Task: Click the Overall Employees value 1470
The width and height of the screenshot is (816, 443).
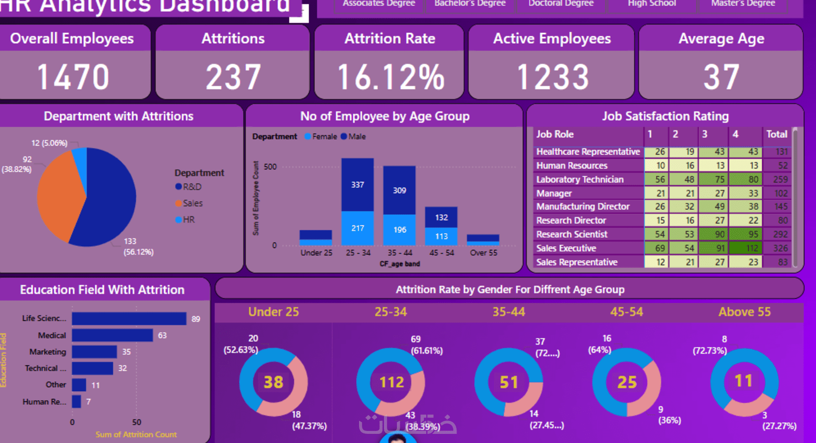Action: click(73, 77)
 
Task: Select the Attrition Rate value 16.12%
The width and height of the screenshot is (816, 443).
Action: click(391, 77)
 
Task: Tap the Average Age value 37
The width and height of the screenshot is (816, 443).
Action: click(721, 77)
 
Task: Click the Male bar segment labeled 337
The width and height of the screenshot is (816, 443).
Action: click(358, 185)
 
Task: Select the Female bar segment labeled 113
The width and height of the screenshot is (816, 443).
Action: click(441, 236)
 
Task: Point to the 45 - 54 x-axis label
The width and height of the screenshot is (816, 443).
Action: click(441, 253)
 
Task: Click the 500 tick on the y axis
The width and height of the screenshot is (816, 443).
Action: click(270, 167)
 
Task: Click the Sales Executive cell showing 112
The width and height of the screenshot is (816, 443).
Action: click(752, 248)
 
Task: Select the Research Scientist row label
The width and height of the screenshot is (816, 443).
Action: click(572, 234)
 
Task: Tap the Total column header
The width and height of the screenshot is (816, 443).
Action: click(777, 134)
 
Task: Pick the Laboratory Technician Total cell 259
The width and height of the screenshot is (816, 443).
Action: click(780, 180)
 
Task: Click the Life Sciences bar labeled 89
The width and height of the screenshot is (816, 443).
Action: click(129, 319)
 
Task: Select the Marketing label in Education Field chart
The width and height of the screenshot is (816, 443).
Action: click(48, 352)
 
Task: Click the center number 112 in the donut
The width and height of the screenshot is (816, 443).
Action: click(391, 383)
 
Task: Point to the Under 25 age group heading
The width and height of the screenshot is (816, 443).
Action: click(273, 312)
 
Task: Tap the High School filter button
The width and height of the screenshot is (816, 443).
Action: click(651, 4)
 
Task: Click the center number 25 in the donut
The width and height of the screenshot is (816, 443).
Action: click(627, 383)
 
